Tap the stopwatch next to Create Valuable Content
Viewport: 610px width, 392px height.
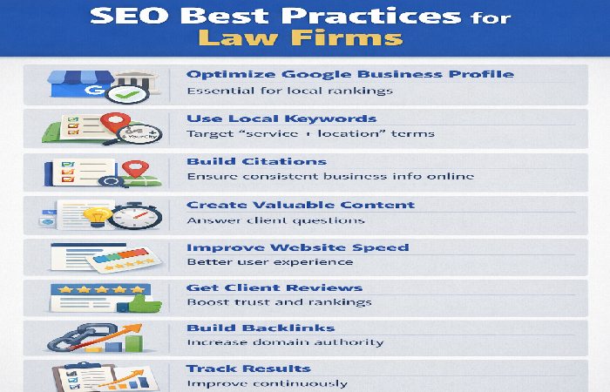pyautogui.click(x=134, y=214)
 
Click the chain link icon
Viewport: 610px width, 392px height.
pyautogui.click(x=66, y=339)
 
